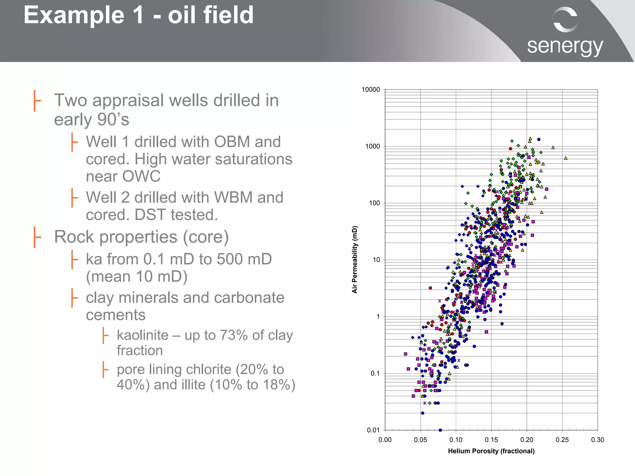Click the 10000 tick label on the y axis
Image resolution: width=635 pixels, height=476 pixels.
point(371,90)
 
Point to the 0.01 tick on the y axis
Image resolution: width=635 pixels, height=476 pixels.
point(373,430)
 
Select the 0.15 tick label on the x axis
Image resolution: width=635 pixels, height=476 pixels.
point(491,440)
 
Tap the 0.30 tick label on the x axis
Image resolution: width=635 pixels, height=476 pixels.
point(597,440)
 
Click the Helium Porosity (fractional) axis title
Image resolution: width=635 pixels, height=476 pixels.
point(491,451)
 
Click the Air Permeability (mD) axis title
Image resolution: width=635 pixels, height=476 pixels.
point(355,259)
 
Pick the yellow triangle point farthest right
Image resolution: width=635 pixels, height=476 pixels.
point(566,158)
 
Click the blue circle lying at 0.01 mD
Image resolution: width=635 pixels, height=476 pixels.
point(440,430)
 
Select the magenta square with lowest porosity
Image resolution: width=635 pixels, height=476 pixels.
point(406,354)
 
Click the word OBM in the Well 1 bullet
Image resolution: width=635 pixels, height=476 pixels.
point(232,142)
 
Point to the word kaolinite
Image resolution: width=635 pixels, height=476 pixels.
point(143,335)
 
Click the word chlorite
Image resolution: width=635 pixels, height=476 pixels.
point(208,370)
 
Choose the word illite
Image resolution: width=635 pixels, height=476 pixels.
point(187,385)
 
